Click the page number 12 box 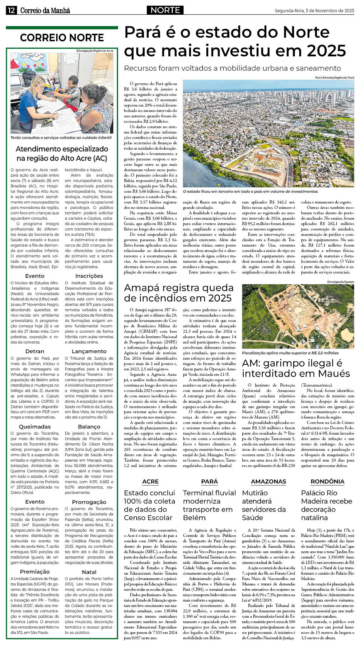pos(11,10)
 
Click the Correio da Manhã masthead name pos(45,11)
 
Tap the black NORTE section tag pos(165,10)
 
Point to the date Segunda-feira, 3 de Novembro pos(314,11)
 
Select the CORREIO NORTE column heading pos(62,38)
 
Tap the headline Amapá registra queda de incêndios pos(178,293)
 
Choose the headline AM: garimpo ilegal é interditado pos(296,368)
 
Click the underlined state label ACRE pos(150,482)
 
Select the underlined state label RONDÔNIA pos(327,482)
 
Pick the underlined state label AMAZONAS pos(268,482)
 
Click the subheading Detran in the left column pos(35,351)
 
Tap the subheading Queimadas pos(35,427)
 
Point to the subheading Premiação pos(35,572)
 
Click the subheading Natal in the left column pos(89,572)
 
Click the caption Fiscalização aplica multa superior pos(290,353)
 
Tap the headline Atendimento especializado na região pos(62,154)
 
